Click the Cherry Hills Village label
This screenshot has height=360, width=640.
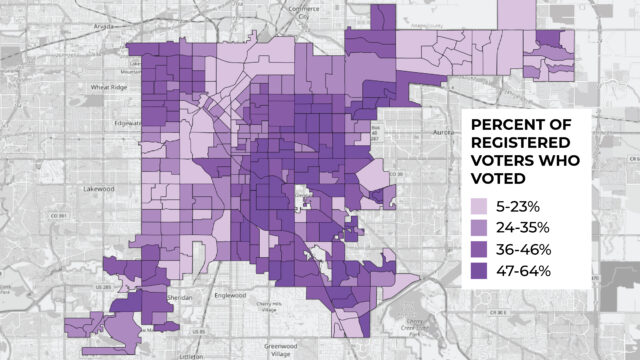point(271,309)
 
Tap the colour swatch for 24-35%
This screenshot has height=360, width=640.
point(483,227)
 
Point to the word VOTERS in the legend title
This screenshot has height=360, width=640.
point(505,161)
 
